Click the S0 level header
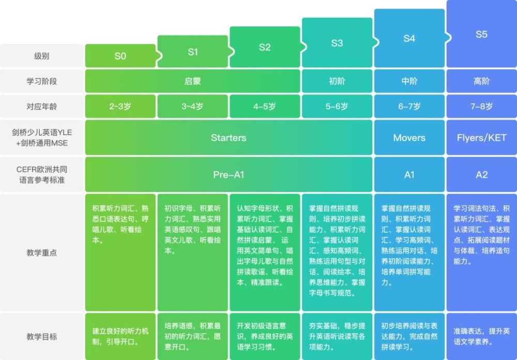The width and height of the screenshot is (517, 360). tap(120, 56)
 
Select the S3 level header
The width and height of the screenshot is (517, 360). tap(337, 43)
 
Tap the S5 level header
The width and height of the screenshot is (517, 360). tap(481, 34)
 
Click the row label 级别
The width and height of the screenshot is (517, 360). tap(41, 56)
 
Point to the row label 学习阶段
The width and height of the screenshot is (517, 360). tap(41, 81)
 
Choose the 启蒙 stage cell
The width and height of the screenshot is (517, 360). tap(192, 81)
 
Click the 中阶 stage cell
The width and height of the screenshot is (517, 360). tap(409, 81)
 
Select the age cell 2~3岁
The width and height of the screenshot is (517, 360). tap(120, 106)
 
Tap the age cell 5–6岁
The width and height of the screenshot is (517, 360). tap(337, 106)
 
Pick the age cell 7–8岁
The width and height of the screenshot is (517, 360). tap(481, 106)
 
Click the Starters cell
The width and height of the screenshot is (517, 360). tap(229, 138)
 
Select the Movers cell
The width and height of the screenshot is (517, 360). tap(409, 138)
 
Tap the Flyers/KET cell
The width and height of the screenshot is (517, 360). tap(481, 138)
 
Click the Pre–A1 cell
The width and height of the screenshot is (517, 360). tap(229, 174)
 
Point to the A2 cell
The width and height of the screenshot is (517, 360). tap(481, 174)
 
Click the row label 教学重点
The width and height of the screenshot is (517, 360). tap(41, 253)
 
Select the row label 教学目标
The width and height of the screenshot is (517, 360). tap(41, 337)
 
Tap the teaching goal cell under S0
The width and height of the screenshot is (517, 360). tap(120, 337)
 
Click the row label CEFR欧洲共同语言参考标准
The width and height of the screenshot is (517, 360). tap(41, 174)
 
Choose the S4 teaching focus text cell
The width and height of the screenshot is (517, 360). tap(409, 253)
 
